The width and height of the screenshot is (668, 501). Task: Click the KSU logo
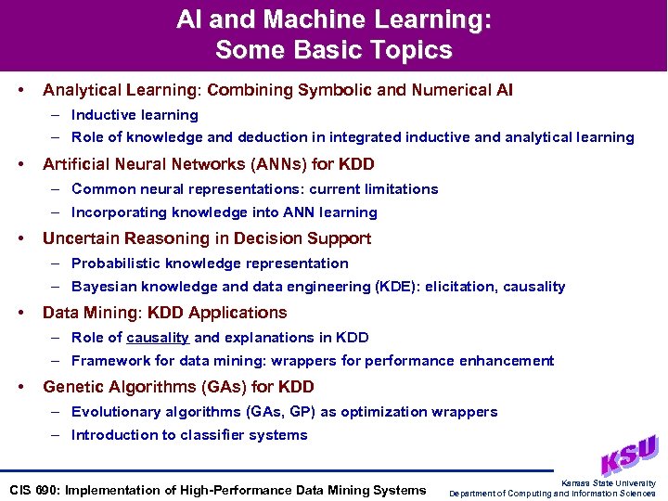click(629, 455)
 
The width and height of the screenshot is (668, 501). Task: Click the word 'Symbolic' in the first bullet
click(333, 90)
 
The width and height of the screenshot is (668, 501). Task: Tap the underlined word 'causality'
click(158, 338)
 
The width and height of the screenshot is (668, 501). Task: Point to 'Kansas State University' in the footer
click(609, 483)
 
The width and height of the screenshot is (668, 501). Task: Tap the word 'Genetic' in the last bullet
click(71, 387)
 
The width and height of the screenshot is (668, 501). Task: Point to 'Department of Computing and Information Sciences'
click(552, 494)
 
